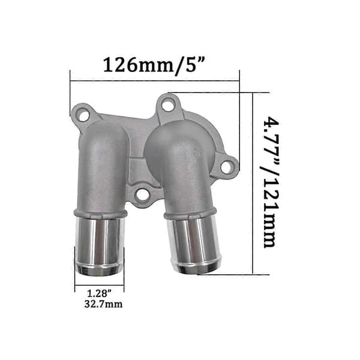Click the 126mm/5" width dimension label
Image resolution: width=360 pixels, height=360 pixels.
point(154,65)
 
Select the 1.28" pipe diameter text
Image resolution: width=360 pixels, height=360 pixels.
point(99,293)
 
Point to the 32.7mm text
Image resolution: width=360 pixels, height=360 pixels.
point(103,304)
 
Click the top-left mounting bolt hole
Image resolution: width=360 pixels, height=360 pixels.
point(83,116)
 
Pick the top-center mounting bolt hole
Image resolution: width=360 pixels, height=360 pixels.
point(168,106)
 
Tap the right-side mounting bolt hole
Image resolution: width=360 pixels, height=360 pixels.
point(226,167)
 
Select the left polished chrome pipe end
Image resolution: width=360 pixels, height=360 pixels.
point(99,246)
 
